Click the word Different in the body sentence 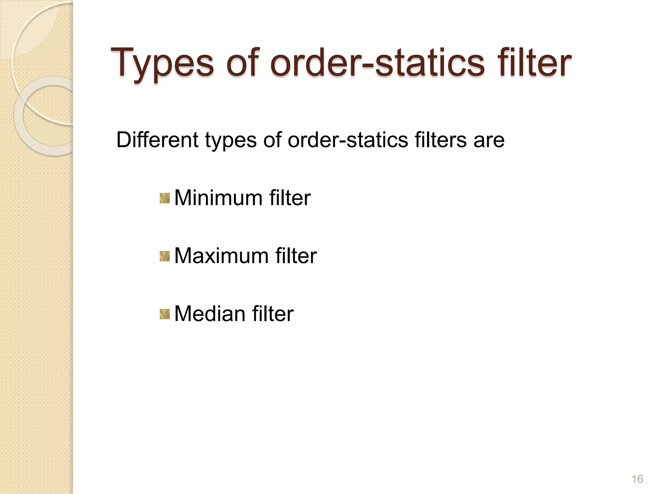(x=157, y=140)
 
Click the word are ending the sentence (x=489, y=141)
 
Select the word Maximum (x=221, y=256)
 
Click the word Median (x=210, y=314)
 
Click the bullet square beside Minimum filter (x=165, y=198)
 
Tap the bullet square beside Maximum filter (x=165, y=256)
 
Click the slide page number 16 (x=637, y=479)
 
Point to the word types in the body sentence (x=231, y=141)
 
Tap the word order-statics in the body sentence (x=348, y=140)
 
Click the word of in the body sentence (x=272, y=140)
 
